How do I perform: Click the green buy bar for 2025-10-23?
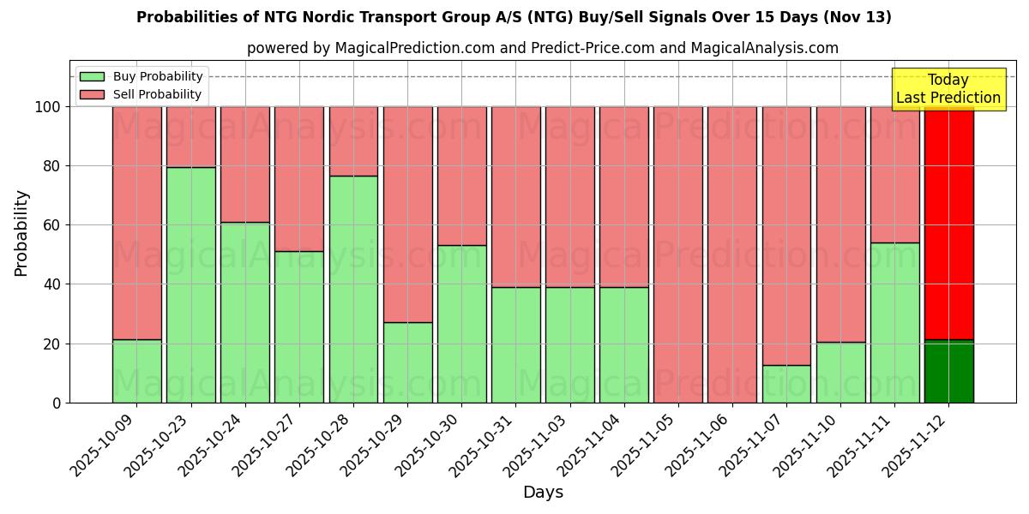[x=190, y=284]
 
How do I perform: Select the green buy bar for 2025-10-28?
[x=353, y=289]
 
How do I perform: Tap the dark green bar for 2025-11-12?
[x=948, y=371]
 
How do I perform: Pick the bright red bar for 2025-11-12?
[x=948, y=223]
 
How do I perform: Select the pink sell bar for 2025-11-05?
[x=678, y=254]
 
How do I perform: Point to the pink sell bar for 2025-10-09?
[x=136, y=223]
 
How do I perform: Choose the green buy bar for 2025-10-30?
[x=461, y=324]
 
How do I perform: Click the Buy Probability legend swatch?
[x=92, y=76]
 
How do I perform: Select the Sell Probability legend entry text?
[x=157, y=94]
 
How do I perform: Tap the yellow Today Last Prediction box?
[x=948, y=89]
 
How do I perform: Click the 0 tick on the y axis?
[x=57, y=403]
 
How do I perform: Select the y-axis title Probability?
[x=21, y=233]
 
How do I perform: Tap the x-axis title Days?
[x=543, y=493]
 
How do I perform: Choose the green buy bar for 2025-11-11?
[x=894, y=322]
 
